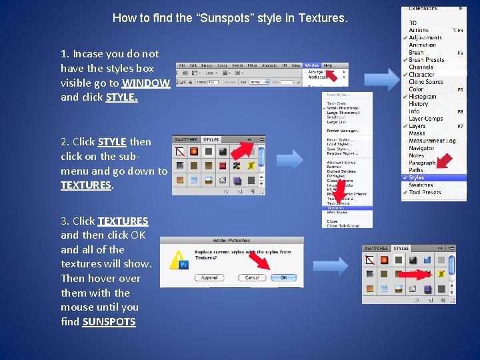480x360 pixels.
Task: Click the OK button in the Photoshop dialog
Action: point(284,277)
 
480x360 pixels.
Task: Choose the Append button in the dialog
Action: point(209,277)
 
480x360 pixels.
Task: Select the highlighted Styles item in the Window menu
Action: point(417,178)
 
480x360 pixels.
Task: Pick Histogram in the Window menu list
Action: point(422,97)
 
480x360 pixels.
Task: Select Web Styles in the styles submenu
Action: point(337,213)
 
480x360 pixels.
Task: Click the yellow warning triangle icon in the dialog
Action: point(179,259)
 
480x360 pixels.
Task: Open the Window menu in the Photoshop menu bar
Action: point(311,65)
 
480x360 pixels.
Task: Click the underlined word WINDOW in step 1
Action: point(146,83)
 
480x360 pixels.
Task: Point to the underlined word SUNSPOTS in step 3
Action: point(109,322)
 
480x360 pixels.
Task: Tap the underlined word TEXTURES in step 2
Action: point(86,185)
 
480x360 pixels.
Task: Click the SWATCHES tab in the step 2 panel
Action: point(185,140)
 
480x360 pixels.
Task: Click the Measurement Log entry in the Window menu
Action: point(431,141)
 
